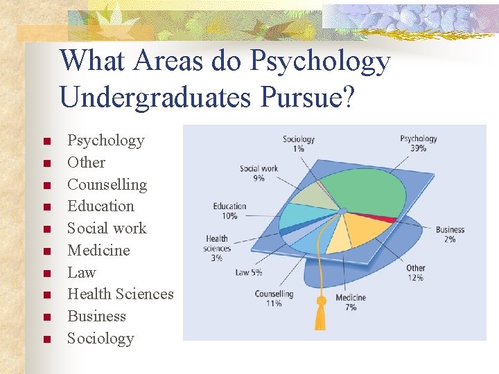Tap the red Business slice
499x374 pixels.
tap(388, 220)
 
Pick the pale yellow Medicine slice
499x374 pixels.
tap(340, 239)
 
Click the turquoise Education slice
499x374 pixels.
tap(305, 215)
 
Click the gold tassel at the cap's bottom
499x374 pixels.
tap(321, 314)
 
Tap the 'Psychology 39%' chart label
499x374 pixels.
tap(418, 143)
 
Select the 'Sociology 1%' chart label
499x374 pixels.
tap(298, 144)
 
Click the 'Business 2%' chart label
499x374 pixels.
tap(450, 234)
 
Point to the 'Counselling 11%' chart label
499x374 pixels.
tap(274, 299)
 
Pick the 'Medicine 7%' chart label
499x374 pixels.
tap(351, 302)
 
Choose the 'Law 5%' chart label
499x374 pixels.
tap(249, 272)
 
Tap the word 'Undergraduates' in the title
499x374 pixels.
tap(155, 97)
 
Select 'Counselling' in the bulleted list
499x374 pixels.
tap(107, 184)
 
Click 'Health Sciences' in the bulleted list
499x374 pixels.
tap(120, 294)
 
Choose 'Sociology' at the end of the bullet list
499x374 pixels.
tap(100, 339)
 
